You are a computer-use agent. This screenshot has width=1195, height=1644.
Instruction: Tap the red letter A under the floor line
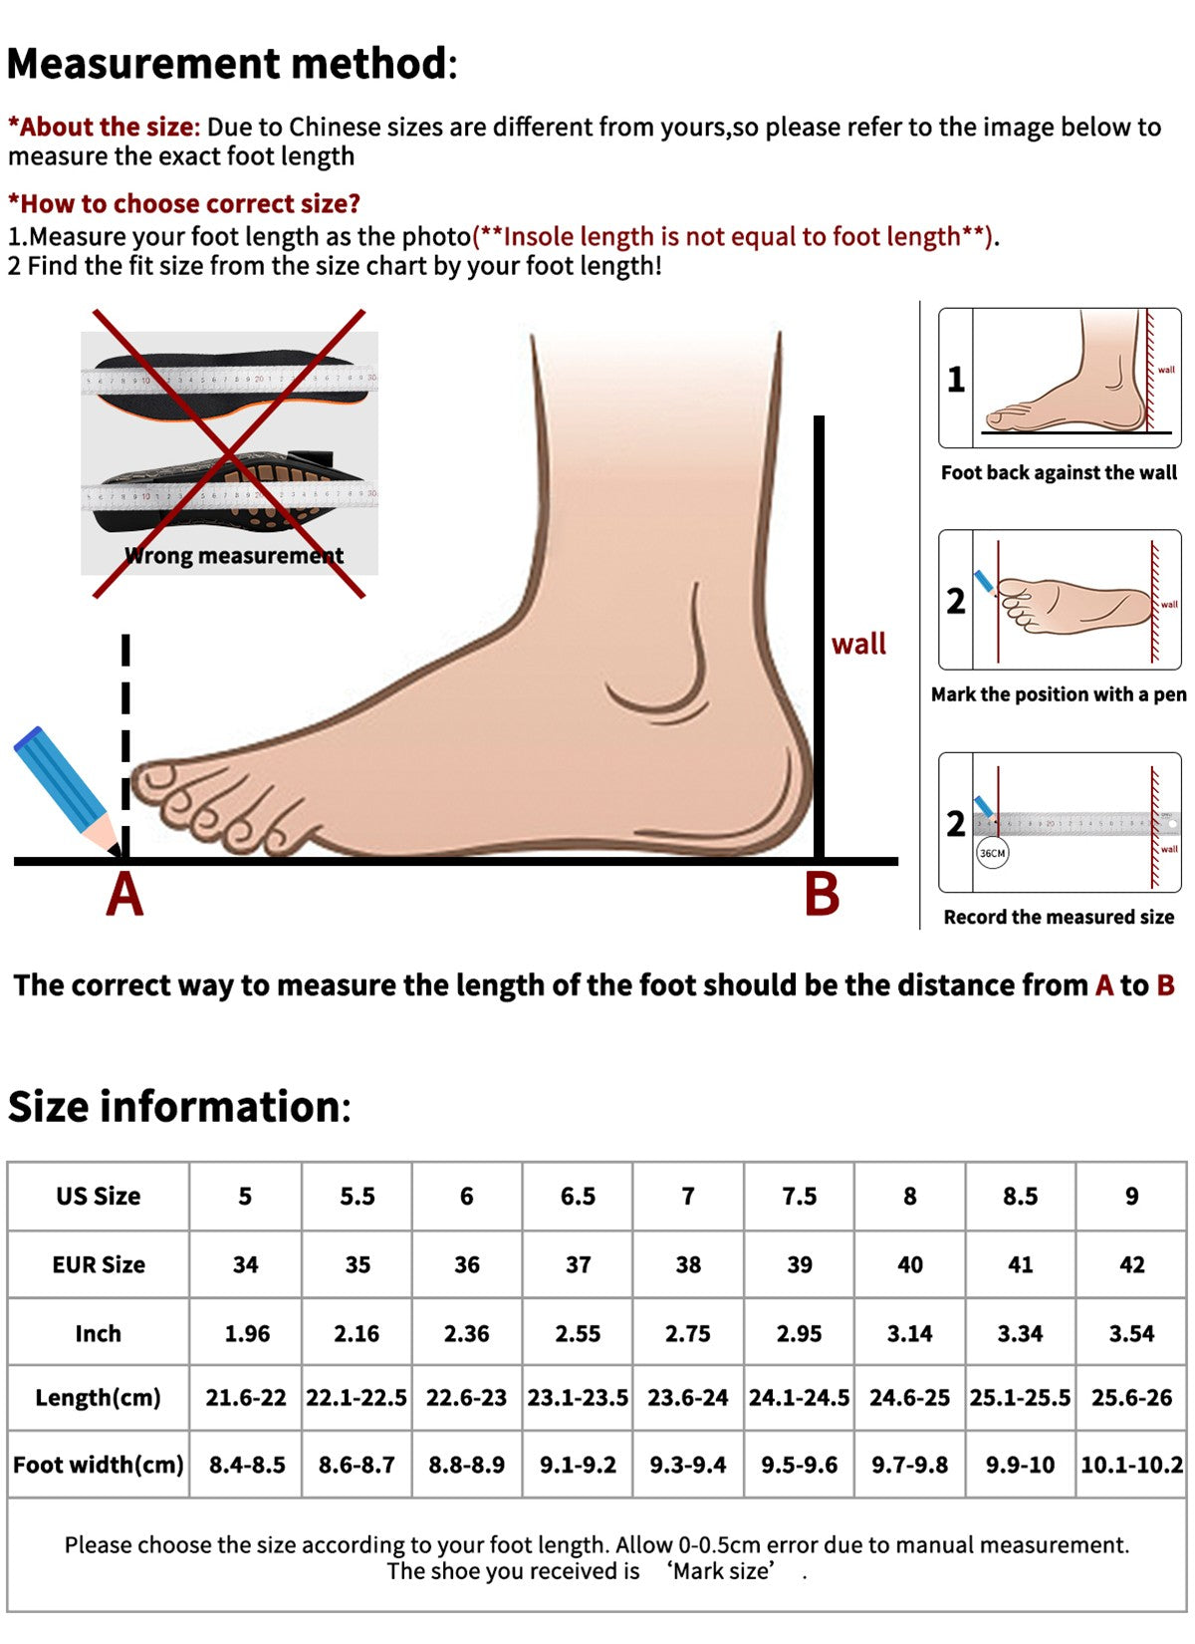coord(125,895)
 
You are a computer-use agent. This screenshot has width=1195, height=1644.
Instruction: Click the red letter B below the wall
coord(822,895)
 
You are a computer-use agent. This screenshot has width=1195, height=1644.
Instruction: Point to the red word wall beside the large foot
coord(858,644)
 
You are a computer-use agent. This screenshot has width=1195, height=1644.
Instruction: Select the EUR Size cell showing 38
coord(688,1264)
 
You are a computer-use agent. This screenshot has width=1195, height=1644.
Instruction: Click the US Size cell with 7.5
coord(799,1196)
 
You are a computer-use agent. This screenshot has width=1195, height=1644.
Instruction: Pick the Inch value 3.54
coord(1131,1333)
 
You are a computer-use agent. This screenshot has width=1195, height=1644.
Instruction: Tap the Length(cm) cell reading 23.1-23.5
coord(578,1397)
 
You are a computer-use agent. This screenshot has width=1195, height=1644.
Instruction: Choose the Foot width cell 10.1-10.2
coord(1131,1465)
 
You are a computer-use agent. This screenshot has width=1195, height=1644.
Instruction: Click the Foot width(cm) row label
coord(98,1465)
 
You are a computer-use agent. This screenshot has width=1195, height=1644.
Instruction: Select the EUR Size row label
coord(98,1264)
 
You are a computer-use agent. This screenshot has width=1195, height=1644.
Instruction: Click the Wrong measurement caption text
coord(234,556)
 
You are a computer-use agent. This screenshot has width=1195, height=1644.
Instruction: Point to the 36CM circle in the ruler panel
coord(993,853)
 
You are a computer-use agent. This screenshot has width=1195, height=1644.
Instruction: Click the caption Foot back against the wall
coord(1059,472)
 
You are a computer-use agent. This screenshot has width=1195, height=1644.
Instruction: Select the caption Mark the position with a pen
coord(1059,694)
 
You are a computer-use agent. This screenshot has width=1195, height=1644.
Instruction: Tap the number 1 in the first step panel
coord(956,380)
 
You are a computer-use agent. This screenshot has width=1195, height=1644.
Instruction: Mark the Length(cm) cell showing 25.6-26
coord(1131,1397)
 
